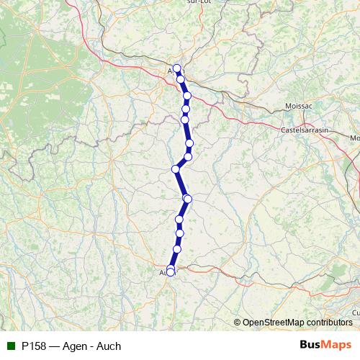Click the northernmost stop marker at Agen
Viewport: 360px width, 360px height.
176,68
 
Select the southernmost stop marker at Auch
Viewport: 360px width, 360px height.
171,273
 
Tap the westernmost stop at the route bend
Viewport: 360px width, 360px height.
175,169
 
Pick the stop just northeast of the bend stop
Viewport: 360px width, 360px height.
188,156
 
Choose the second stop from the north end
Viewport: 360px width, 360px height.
181,79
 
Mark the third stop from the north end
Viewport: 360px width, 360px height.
187,96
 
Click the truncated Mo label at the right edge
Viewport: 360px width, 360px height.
354,138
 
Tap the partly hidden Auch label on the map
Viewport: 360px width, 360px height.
163,273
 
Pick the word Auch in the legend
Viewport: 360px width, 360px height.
108,346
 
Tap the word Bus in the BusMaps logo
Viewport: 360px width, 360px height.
310,345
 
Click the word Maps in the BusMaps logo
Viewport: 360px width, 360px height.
337,345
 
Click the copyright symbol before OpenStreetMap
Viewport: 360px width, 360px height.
238,322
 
